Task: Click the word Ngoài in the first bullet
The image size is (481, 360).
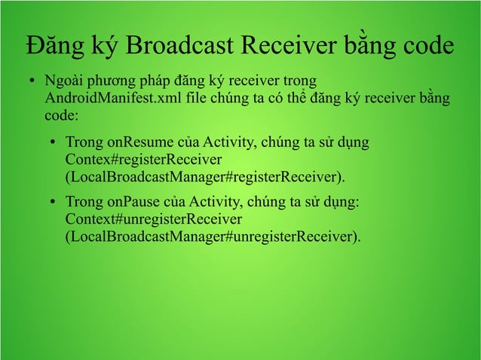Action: [x=63, y=81]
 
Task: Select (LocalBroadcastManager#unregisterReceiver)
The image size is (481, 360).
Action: [x=213, y=237]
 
